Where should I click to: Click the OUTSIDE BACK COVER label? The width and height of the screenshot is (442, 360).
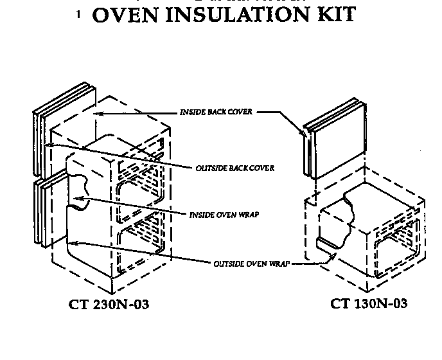point(234,168)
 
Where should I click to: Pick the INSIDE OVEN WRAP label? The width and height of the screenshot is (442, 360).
point(225,215)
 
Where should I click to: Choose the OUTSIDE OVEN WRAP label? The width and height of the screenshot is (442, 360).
point(247,264)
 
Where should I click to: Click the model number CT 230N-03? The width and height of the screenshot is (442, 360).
point(108,304)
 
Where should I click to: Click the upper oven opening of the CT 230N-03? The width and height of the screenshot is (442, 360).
point(142,177)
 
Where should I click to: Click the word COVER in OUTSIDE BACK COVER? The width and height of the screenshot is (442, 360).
point(263,168)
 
